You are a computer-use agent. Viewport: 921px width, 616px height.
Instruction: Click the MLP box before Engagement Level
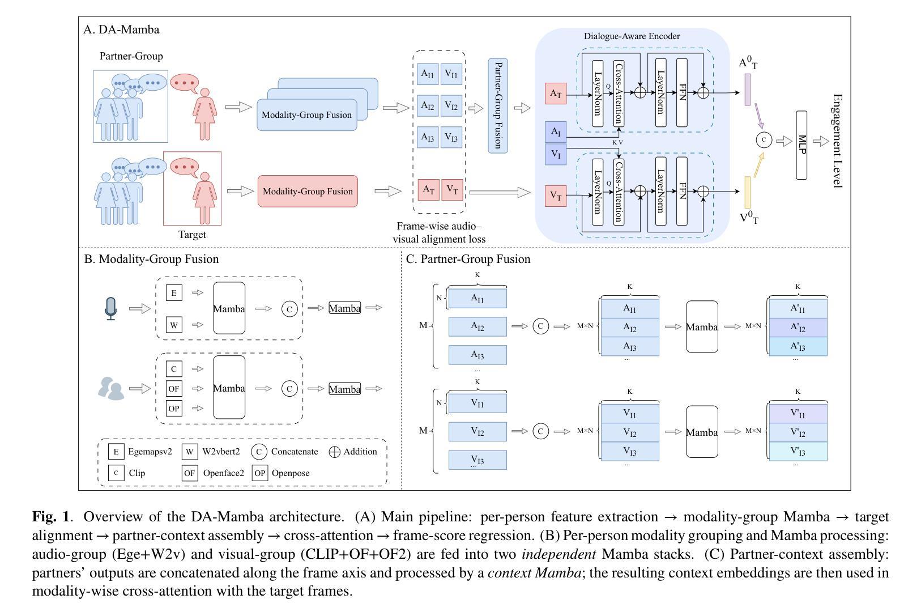(801, 145)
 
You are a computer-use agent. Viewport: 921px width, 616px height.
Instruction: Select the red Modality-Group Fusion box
(308, 191)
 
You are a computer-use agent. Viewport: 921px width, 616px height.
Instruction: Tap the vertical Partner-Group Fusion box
(498, 105)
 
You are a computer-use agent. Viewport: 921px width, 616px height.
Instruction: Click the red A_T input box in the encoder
(556, 94)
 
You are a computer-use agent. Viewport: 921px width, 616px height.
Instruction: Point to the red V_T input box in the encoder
(556, 196)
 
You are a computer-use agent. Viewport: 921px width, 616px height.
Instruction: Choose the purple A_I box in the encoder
(556, 132)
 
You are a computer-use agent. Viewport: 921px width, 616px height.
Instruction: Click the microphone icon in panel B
(111, 308)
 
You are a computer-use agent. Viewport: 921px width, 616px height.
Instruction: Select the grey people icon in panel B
(111, 389)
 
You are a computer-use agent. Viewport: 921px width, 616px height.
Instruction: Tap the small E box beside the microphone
(174, 293)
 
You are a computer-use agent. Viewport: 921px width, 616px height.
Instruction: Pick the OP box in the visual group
(174, 408)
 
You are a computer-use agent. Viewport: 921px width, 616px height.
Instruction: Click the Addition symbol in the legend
(335, 452)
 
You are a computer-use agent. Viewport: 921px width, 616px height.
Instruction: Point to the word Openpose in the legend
(291, 473)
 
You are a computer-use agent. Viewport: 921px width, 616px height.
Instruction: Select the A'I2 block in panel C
(798, 328)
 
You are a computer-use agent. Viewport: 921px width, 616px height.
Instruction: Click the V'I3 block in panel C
(798, 452)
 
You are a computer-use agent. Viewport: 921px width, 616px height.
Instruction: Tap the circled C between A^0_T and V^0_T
(764, 139)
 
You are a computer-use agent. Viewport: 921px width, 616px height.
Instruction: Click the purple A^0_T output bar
(748, 90)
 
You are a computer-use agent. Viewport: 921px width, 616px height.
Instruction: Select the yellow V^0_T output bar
(748, 192)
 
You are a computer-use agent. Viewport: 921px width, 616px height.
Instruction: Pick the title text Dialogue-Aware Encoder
(632, 36)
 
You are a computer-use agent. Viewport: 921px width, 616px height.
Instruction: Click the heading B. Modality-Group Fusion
(151, 260)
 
